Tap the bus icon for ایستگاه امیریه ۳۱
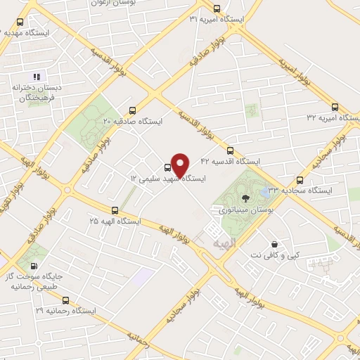pos(215,9)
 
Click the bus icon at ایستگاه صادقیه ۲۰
pos(132,110)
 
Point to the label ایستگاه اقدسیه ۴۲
pos(230,162)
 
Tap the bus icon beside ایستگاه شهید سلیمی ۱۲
pos(167,167)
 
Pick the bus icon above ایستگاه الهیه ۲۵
pos(115,210)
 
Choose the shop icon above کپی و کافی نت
pos(274,245)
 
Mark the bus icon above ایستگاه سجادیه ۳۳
pos(300,180)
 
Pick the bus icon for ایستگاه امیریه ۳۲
pos(334,108)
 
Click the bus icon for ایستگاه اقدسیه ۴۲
pos(230,150)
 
